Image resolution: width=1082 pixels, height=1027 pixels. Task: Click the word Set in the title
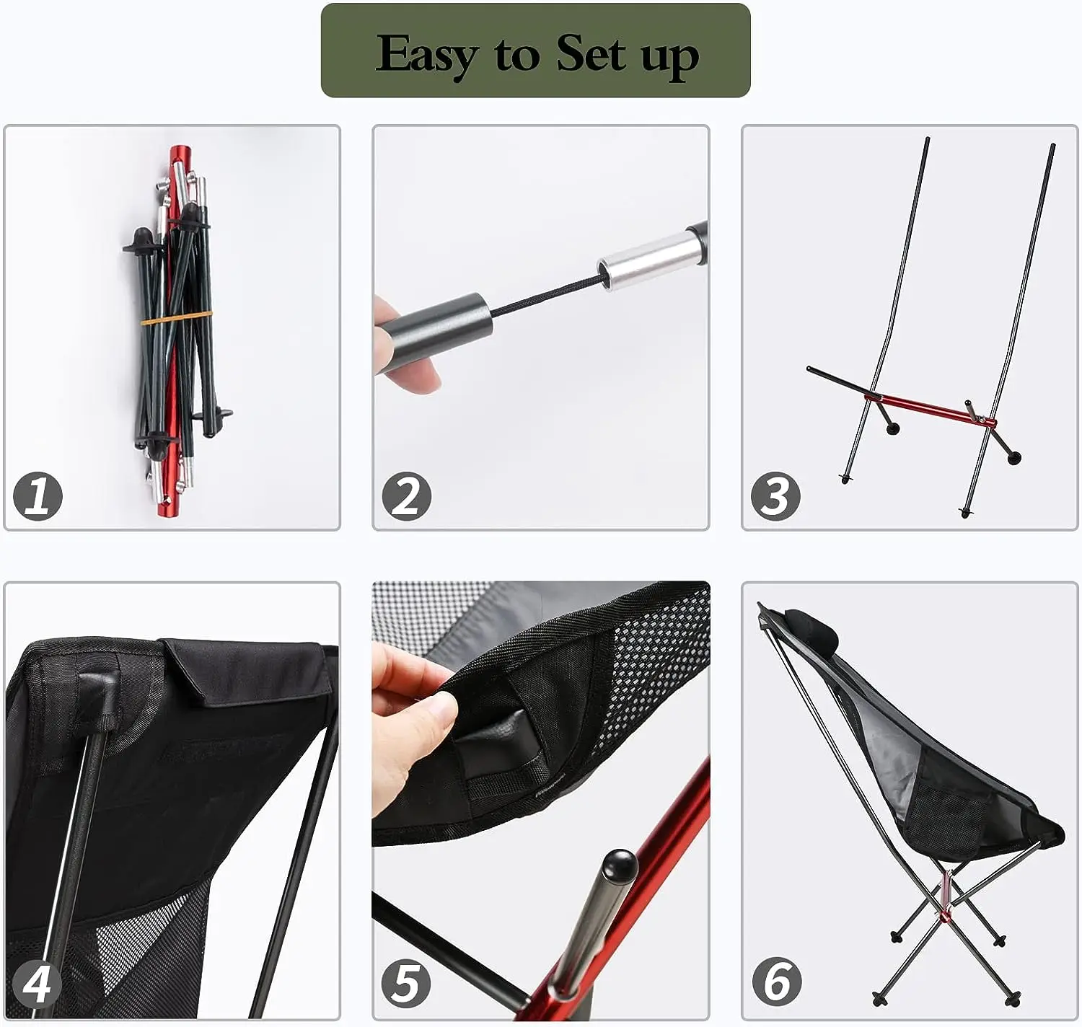click(591, 52)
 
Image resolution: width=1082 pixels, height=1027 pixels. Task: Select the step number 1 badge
click(38, 495)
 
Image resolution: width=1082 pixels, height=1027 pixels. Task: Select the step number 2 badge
click(407, 495)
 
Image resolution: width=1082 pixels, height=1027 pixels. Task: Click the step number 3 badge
click(775, 495)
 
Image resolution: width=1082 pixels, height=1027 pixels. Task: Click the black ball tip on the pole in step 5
click(620, 866)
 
